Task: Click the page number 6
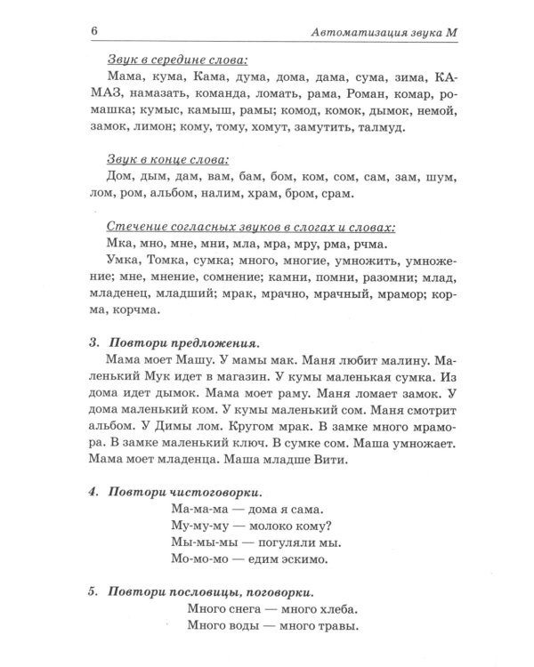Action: tap(93, 33)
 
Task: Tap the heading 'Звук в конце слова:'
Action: tap(166, 160)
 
